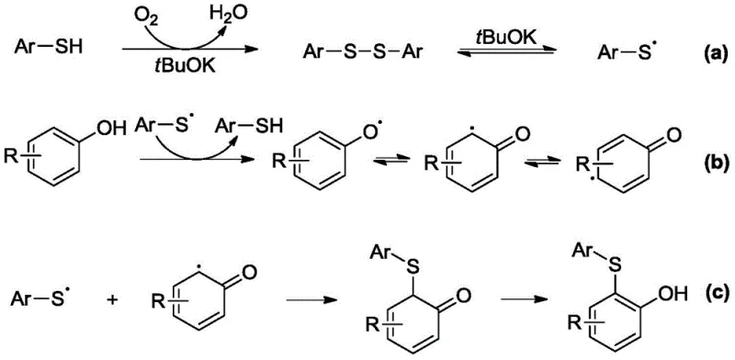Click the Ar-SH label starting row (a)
[x=46, y=43]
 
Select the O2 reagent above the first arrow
[x=143, y=13]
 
